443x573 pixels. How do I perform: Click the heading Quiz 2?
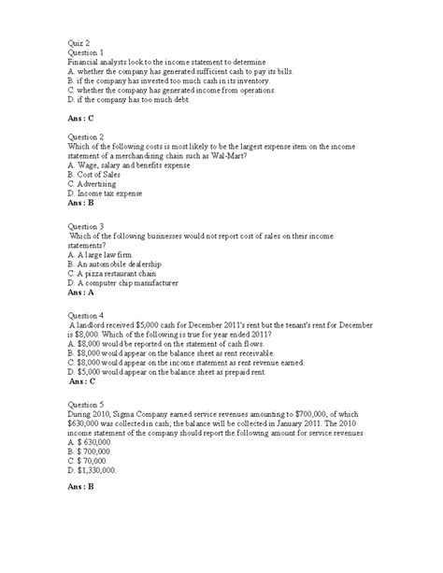(x=81, y=41)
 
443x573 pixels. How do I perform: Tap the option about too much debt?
(x=136, y=99)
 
